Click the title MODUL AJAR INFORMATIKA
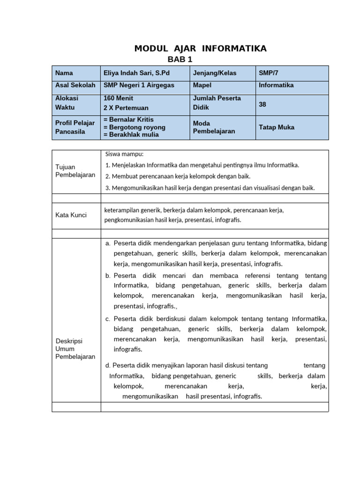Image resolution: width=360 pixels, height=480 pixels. click(x=200, y=48)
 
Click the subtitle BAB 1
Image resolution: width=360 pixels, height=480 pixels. click(x=180, y=60)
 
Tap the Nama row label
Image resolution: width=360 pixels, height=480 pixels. click(x=64, y=73)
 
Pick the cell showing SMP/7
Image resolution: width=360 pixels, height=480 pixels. click(x=268, y=73)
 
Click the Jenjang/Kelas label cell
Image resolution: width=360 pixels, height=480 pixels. click(x=215, y=73)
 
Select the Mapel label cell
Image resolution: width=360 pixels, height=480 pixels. click(x=202, y=85)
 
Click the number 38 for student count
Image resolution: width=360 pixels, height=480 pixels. click(x=262, y=105)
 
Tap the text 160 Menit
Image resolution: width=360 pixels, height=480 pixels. click(x=118, y=98)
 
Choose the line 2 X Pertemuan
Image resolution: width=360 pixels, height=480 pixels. click(x=125, y=107)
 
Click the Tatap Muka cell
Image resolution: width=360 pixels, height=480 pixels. click(x=277, y=127)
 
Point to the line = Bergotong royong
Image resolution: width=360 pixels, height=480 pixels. click(x=134, y=127)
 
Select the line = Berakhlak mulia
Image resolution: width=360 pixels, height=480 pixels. click(x=131, y=135)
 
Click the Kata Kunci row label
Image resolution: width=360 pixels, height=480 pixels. click(x=68, y=215)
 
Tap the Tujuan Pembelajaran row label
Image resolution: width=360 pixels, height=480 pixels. click(x=75, y=171)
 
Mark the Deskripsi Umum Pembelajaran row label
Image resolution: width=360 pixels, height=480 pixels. click(x=75, y=349)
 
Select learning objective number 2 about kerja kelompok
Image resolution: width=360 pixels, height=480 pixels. click(x=178, y=177)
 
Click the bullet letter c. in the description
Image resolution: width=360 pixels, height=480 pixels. click(x=108, y=319)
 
